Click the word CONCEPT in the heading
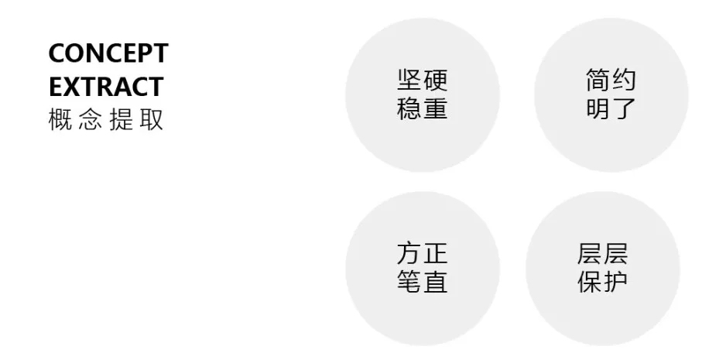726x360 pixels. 108,53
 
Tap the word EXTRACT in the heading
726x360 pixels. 105,86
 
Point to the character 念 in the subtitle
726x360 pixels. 91,121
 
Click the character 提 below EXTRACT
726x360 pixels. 122,121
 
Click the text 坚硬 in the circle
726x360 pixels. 422,81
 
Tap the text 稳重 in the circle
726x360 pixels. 422,108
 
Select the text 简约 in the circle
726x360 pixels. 611,81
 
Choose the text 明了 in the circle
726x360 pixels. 611,108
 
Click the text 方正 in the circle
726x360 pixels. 422,254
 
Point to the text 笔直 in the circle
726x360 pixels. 422,282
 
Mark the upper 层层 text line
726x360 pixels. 602,254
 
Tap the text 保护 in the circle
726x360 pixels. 602,282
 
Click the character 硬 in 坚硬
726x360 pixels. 436,81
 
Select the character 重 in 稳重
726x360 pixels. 436,108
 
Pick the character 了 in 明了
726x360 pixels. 625,108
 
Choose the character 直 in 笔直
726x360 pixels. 436,282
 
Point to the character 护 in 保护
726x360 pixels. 616,282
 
